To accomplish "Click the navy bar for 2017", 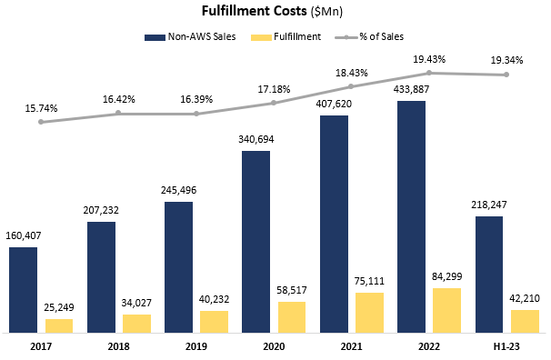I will tap(24, 289).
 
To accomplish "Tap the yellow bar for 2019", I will tap(215, 321).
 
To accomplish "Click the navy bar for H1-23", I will tap(489, 274).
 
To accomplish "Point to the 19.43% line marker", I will tap(428, 73).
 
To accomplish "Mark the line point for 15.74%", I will tap(41, 122).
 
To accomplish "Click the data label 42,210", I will tap(524, 297).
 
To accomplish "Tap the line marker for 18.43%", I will tap(351, 86).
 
